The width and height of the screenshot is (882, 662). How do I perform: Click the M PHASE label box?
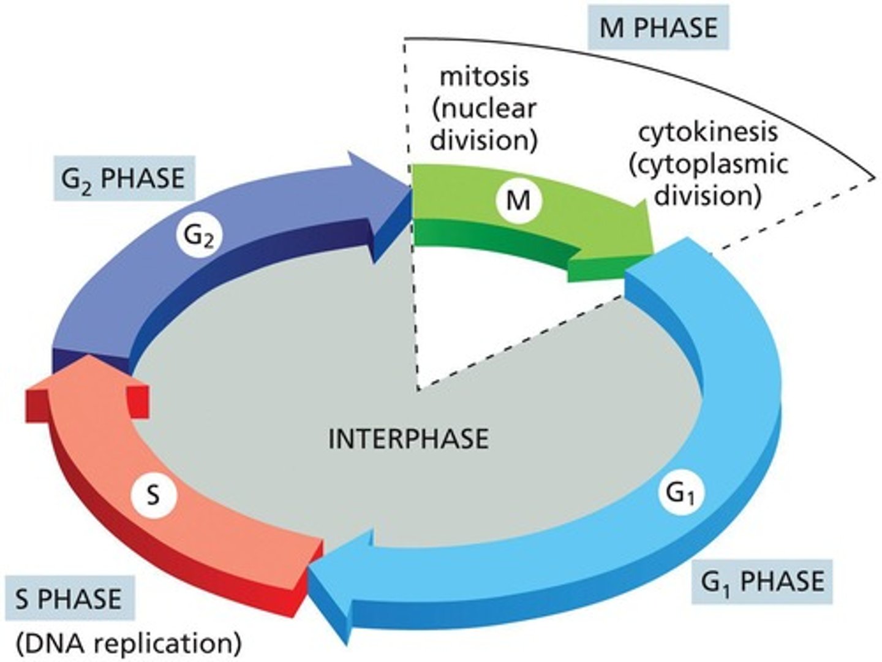pos(658,28)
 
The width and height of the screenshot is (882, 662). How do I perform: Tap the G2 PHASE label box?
pos(123,178)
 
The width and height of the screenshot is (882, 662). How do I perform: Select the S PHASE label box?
pos(68,598)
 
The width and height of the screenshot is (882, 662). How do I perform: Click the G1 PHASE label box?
pos(763,580)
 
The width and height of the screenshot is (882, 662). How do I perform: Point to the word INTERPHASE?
pos(409,439)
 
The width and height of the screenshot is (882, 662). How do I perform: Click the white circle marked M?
pos(519,200)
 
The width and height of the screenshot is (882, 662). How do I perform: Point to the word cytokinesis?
pos(708,132)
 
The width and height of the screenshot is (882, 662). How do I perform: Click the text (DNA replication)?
pos(129,644)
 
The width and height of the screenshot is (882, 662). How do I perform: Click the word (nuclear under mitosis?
pos(484,108)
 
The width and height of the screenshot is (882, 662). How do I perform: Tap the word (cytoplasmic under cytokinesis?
pos(709,164)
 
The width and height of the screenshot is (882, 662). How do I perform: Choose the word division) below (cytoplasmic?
pos(709,196)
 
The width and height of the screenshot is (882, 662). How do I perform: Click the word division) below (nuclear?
pos(484,140)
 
